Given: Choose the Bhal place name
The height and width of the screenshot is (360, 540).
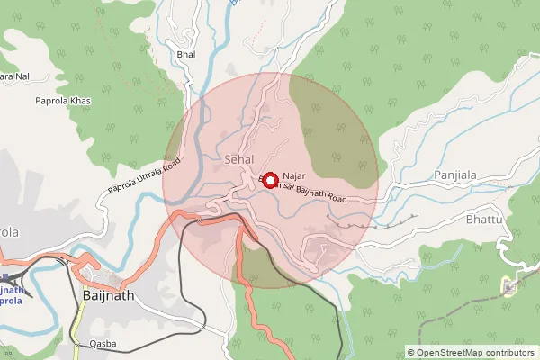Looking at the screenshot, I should coord(186,56).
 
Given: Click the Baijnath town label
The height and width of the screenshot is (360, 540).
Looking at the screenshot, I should coord(109,294).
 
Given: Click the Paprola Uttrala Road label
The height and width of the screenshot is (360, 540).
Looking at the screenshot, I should coord(144,176).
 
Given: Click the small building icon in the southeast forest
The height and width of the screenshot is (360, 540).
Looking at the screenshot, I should coord(510,288).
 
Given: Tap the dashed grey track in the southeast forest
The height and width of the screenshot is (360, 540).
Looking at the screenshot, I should coord(517,261).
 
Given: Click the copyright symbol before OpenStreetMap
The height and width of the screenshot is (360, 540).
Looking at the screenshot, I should coord(411,353).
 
